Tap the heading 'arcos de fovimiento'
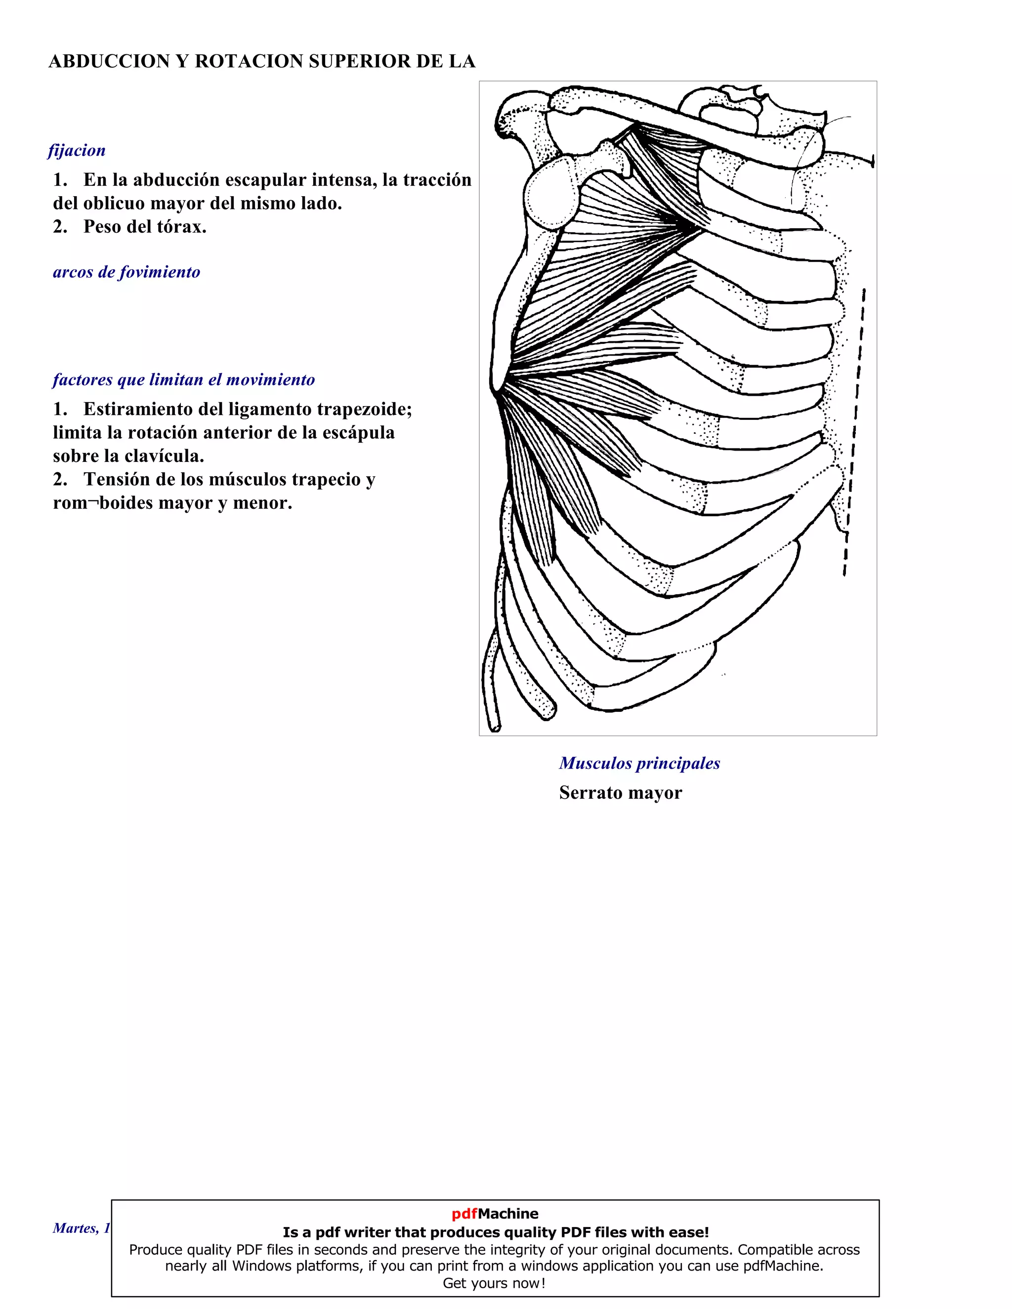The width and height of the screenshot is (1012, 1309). coord(126,272)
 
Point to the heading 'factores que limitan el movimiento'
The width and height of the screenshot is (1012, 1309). coord(183,379)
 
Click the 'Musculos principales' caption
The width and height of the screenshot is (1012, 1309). coord(639,763)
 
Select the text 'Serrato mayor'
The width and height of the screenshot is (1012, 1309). coord(621,792)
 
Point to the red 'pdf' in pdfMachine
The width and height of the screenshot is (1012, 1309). coord(464,1214)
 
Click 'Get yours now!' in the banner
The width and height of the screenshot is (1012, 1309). coord(494,1283)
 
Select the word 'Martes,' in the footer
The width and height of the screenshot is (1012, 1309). coord(76,1228)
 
